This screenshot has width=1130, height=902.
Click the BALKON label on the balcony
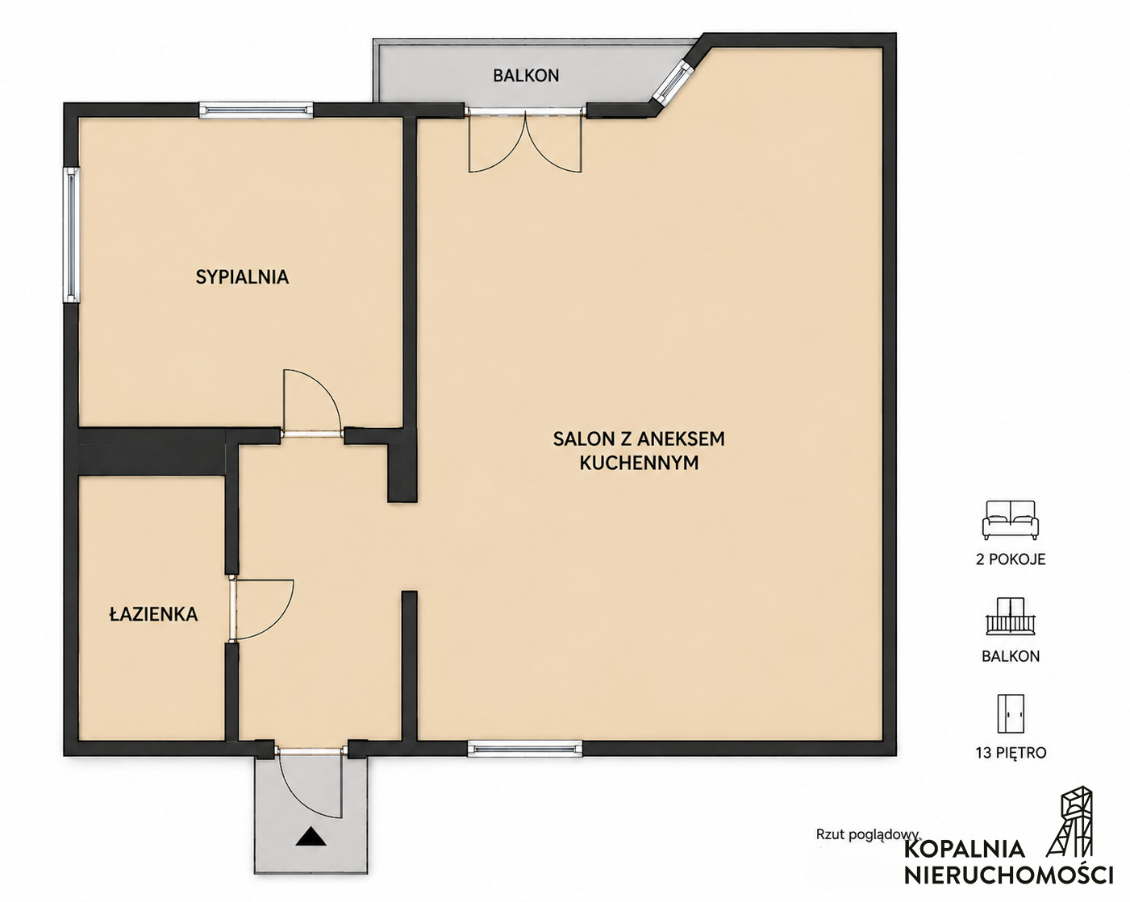point(526,76)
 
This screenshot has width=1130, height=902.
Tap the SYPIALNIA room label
point(242,277)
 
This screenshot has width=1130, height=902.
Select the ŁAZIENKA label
point(153,613)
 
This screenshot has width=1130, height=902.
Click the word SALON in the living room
point(582,439)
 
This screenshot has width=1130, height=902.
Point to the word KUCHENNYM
point(639,463)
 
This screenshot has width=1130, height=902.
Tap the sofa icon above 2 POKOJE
point(1011,520)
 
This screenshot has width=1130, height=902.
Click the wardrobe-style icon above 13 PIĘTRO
point(1011,713)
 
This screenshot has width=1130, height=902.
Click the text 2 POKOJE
point(1011,559)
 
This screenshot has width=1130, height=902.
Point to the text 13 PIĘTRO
point(1011,753)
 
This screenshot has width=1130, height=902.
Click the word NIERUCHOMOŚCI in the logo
point(1008,875)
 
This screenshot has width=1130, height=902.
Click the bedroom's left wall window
point(72,235)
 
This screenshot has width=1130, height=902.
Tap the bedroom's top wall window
point(256,110)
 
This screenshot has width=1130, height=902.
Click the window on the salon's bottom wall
point(524,750)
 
